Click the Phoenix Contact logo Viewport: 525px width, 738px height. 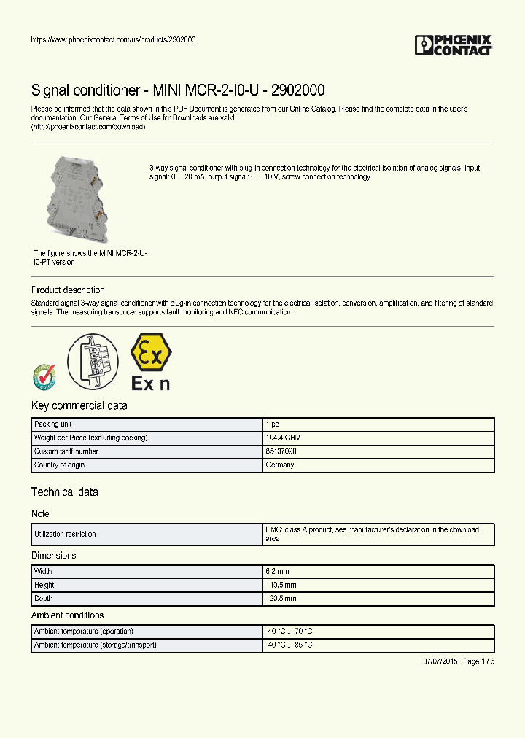pyautogui.click(x=453, y=45)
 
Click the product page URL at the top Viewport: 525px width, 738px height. pyautogui.click(x=113, y=39)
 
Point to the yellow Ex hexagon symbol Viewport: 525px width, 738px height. pyautogui.click(x=151, y=353)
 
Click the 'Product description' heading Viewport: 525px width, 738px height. pyautogui.click(x=68, y=290)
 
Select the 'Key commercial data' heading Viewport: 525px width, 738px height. pyautogui.click(x=79, y=406)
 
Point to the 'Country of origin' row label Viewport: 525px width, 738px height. pyautogui.click(x=60, y=465)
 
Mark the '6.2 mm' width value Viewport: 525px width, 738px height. pyautogui.click(x=279, y=572)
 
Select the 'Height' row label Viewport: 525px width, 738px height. pyautogui.click(x=44, y=585)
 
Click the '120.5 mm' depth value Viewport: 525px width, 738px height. pyautogui.click(x=281, y=598)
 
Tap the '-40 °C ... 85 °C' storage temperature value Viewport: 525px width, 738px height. pyautogui.click(x=289, y=645)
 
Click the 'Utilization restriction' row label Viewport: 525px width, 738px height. pyautogui.click(x=65, y=535)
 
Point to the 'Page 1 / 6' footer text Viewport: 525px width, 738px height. pyautogui.click(x=478, y=661)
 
